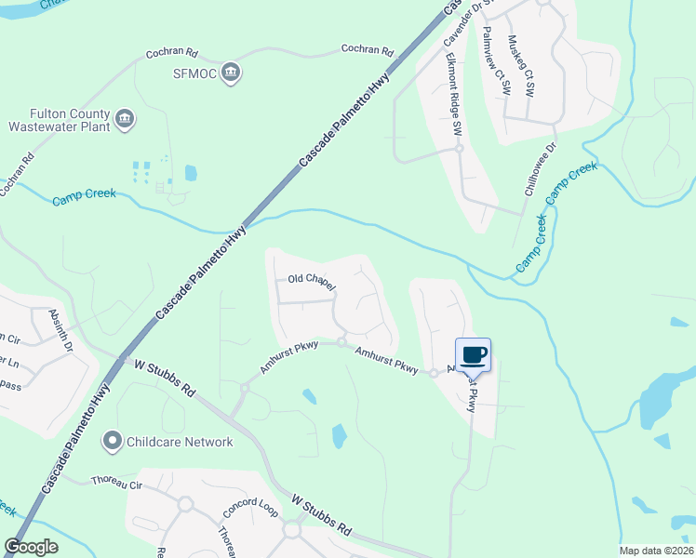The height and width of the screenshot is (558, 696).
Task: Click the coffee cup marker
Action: pyautogui.click(x=473, y=353)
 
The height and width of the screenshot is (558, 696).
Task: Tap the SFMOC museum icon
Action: pyautogui.click(x=232, y=73)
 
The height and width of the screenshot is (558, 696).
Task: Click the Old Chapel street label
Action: pyautogui.click(x=310, y=279)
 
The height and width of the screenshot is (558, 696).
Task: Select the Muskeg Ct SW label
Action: pyautogui.click(x=520, y=67)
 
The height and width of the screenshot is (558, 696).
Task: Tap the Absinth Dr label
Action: pyautogui.click(x=60, y=329)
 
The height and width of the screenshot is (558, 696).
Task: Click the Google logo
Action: pyautogui.click(x=31, y=546)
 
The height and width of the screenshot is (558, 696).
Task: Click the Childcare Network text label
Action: pyautogui.click(x=181, y=441)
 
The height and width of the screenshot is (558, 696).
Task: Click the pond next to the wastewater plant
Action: pyautogui.click(x=191, y=172)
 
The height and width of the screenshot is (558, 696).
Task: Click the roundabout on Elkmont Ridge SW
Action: pyautogui.click(x=459, y=148)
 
